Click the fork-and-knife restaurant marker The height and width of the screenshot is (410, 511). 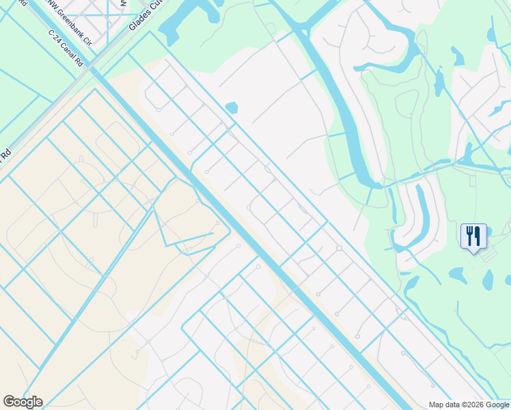coord(473,236)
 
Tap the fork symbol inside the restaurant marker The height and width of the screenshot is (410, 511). coord(469,236)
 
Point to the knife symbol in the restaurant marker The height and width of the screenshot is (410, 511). coord(478,236)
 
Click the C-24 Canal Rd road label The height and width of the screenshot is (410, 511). coord(66,49)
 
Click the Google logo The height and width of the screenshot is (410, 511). coord(23,402)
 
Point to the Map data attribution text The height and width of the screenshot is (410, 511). coord(469,405)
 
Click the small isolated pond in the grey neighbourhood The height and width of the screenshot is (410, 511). coord(231,107)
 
